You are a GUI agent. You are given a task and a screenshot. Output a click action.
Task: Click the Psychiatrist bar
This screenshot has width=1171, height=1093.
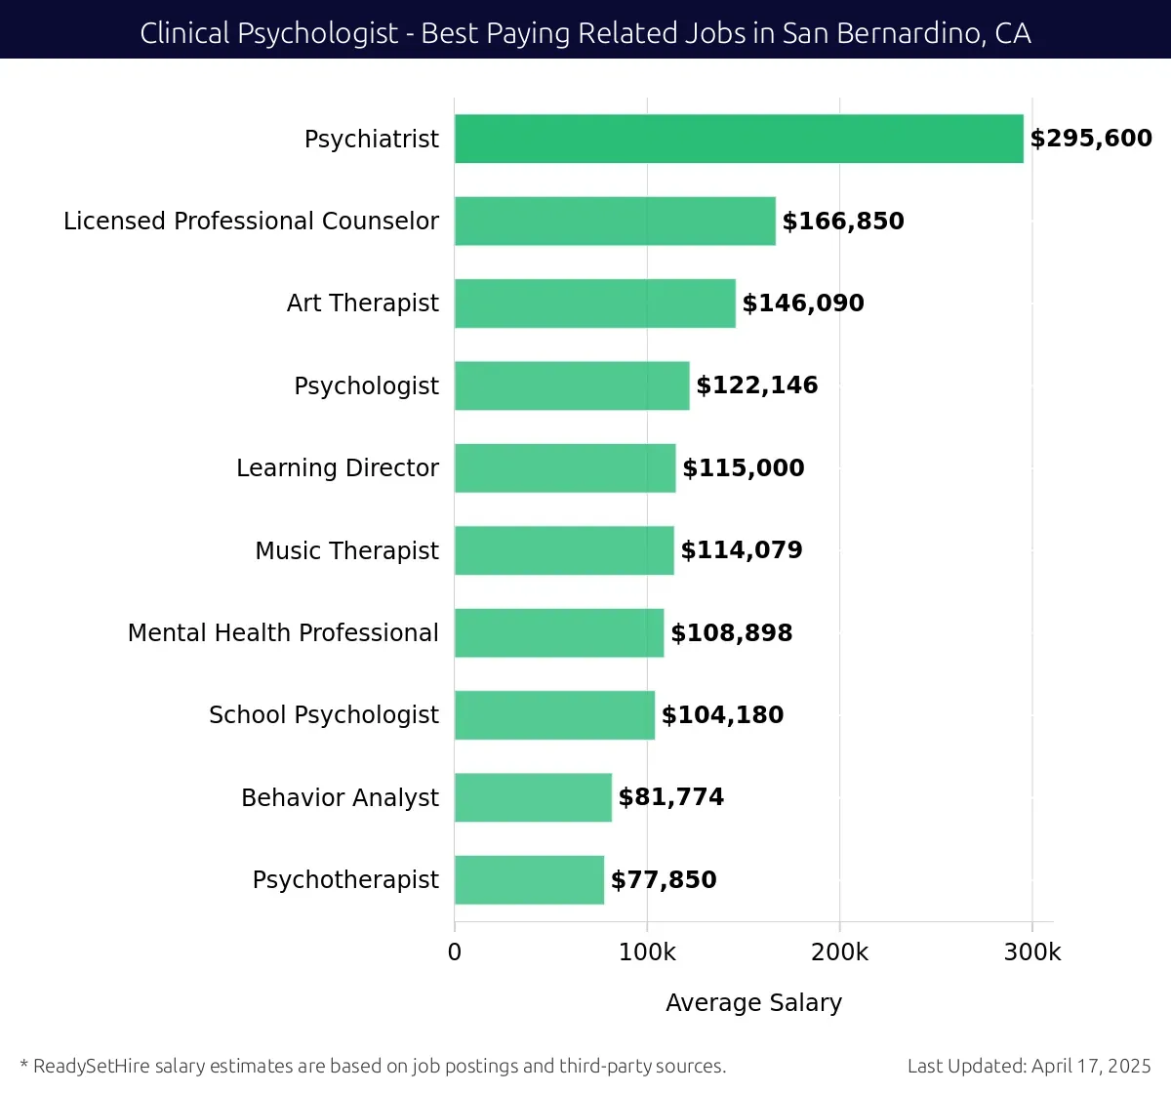[739, 139]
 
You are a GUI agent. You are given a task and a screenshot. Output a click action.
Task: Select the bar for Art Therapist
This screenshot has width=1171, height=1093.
[594, 304]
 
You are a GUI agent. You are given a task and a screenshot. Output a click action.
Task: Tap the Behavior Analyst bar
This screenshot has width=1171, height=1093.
[533, 797]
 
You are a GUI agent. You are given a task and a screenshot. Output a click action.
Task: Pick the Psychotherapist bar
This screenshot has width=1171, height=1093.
[529, 879]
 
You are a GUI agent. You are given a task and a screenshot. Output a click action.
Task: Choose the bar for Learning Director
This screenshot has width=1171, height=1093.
[565, 468]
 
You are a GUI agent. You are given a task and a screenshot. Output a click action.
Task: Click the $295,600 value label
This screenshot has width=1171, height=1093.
[1091, 139]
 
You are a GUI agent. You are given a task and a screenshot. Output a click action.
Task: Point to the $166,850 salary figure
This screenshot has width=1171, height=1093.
[843, 222]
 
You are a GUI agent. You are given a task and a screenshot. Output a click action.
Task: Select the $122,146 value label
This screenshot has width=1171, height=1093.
[756, 385]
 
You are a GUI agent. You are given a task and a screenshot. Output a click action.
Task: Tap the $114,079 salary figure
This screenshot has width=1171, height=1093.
[742, 550]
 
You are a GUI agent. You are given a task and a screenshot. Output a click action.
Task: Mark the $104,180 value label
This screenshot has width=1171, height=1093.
[722, 715]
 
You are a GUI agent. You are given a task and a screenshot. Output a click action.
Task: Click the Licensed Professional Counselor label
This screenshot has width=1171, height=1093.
[251, 222]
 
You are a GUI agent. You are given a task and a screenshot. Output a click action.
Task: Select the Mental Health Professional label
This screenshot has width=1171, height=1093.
[283, 633]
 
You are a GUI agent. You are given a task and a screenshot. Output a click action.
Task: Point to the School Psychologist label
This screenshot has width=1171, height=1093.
[324, 715]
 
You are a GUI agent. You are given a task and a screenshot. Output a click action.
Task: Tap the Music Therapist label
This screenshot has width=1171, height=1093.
[346, 550]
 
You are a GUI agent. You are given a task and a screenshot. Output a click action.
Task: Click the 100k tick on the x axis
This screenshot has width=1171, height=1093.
[647, 952]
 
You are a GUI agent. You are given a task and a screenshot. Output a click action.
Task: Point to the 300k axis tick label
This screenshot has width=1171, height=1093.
[1032, 952]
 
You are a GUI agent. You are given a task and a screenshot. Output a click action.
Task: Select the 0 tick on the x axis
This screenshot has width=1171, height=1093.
[455, 952]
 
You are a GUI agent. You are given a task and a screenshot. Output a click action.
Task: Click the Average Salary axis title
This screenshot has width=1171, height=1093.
[753, 1003]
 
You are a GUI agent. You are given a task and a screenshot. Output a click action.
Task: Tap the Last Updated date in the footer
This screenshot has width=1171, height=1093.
[1030, 1066]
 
